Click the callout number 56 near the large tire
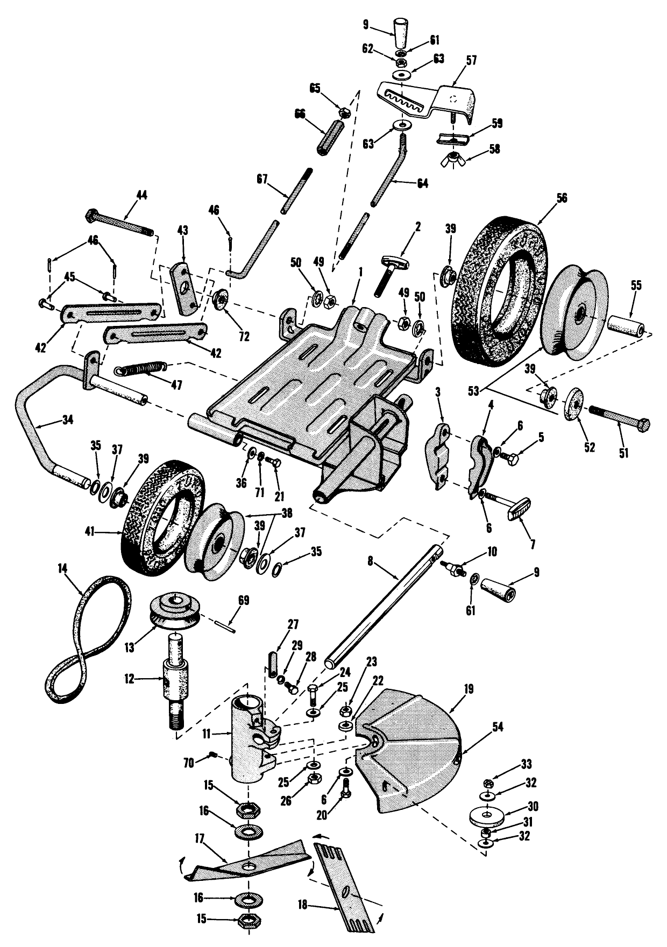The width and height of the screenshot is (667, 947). click(562, 198)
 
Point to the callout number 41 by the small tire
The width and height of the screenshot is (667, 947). click(89, 532)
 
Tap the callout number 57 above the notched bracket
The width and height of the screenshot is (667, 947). click(471, 60)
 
